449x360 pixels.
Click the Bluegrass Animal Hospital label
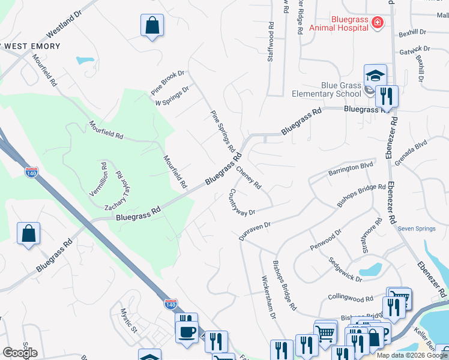(338, 23)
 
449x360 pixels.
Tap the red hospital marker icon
(377, 23)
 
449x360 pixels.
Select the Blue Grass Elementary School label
(326, 89)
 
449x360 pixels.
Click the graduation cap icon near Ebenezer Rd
(375, 76)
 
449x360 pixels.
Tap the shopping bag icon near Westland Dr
(152, 26)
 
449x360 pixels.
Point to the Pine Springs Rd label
(222, 130)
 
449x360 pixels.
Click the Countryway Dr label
(243, 203)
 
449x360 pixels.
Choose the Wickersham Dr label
(268, 297)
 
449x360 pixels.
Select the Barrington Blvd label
(351, 169)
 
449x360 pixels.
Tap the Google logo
(20, 353)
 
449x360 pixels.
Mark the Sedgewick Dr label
(346, 270)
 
